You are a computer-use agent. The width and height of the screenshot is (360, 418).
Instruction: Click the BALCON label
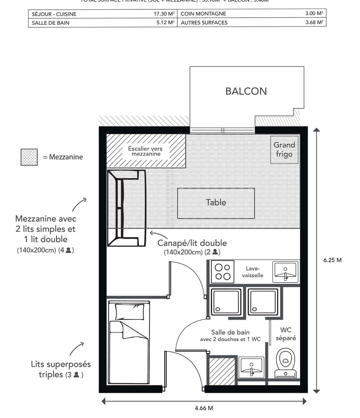click(246, 91)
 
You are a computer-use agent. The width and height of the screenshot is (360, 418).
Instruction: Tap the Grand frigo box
click(284, 149)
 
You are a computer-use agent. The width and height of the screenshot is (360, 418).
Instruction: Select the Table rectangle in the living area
click(216, 203)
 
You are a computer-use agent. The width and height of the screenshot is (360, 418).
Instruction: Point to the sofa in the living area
click(126, 208)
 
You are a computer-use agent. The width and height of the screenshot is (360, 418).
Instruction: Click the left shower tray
click(226, 302)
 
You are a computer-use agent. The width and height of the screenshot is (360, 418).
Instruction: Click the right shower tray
click(263, 302)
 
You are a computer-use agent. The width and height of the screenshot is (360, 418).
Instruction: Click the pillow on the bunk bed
click(129, 311)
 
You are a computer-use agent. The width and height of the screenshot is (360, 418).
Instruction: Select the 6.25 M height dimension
click(332, 260)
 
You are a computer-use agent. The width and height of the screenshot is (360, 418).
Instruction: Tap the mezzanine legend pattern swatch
click(29, 157)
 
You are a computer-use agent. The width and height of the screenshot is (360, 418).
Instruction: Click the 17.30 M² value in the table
click(164, 14)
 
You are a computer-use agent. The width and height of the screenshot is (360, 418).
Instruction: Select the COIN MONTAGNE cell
click(203, 14)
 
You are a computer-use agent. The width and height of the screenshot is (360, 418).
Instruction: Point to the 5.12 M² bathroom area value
click(165, 23)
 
